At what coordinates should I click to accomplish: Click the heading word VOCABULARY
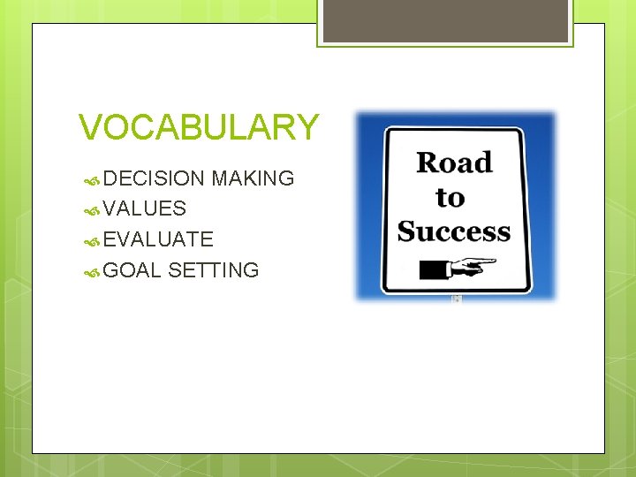click(x=198, y=128)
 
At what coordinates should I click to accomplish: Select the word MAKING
click(x=253, y=178)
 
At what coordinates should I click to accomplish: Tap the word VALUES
click(x=144, y=209)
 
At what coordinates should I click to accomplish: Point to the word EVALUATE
click(x=158, y=239)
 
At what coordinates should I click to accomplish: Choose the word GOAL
click(x=132, y=270)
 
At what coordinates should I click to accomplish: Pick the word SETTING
click(x=213, y=270)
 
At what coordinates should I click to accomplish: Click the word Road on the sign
click(x=454, y=163)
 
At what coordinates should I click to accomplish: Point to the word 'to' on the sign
click(x=450, y=197)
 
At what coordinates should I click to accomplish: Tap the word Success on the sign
click(x=454, y=231)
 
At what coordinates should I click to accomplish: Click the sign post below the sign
click(x=456, y=299)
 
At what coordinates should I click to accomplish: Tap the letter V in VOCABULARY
click(x=89, y=128)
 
